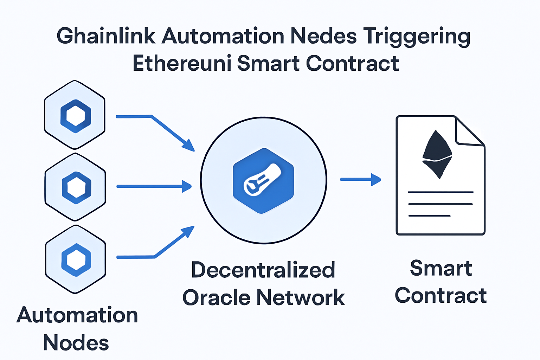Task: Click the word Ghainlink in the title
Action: click(106, 36)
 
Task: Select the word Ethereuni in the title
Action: click(182, 63)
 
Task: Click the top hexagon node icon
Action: click(75, 115)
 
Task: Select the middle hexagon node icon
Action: click(76, 187)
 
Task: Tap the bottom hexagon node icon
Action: click(76, 259)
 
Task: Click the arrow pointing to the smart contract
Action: click(361, 179)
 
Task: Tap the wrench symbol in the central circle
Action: click(262, 180)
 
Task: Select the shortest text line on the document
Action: click(429, 216)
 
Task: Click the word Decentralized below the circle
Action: click(263, 270)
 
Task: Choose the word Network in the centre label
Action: click(301, 297)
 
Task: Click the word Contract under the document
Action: click(441, 295)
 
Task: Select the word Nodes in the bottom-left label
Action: click(76, 342)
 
